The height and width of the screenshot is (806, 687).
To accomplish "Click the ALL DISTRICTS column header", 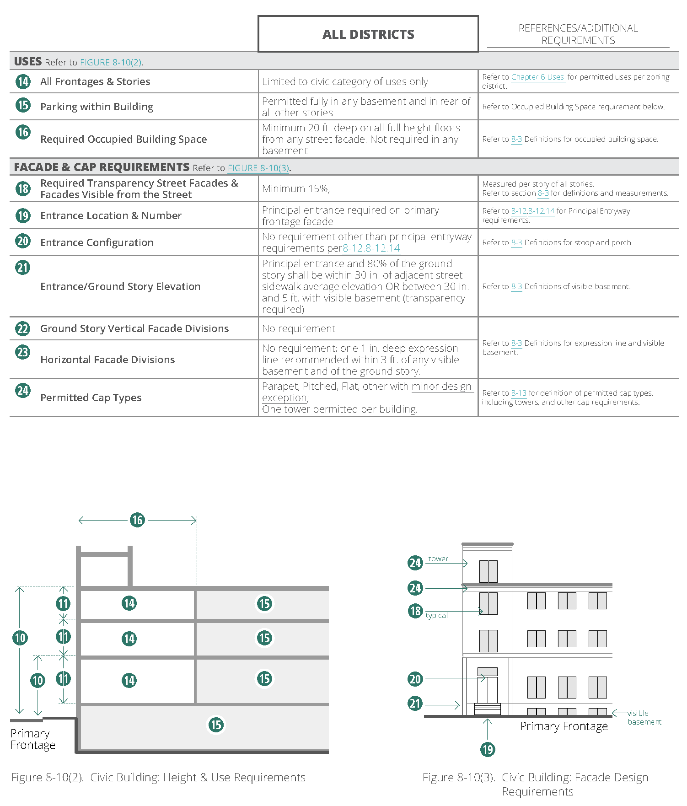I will pos(368,34).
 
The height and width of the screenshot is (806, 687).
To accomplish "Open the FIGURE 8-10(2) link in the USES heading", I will pos(111,63).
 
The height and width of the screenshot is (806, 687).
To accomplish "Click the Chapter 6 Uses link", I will pos(537,77).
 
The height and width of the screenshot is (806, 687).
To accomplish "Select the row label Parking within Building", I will pos(97,107).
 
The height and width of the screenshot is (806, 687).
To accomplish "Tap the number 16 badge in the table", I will pos(23,132).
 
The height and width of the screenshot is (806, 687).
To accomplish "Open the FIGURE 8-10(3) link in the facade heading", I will pos(258,168).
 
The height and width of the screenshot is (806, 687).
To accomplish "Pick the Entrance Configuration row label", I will pos(97,242).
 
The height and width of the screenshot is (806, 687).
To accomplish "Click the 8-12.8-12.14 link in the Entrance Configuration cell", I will pos(371,248).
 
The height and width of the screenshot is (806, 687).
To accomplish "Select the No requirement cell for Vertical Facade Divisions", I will pos(299,328).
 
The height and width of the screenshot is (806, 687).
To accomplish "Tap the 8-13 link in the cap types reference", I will pos(519,393).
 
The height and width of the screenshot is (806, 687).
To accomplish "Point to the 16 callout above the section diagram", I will pos(137,520).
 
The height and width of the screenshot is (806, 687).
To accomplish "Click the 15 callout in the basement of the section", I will pos(216,725).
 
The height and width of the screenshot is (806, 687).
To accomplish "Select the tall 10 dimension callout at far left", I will pos(20,638).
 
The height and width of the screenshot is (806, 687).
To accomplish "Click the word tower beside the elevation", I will pos(438,559).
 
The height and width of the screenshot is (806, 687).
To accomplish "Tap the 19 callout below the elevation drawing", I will pos(488,749).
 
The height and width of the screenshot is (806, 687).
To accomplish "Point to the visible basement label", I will pos(644,717).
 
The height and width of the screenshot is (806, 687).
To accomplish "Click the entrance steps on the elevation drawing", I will pos(488,709).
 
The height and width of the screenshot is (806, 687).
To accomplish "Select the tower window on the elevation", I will pos(488,571).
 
